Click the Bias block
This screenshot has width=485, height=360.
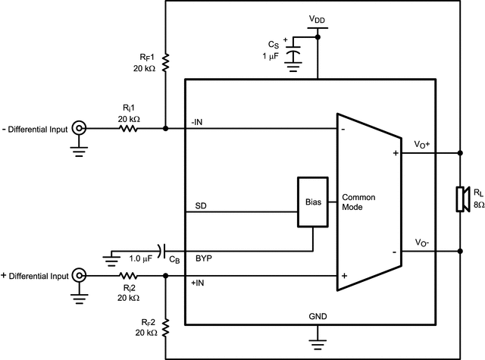click(x=312, y=202)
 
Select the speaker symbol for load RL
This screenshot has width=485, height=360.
click(x=459, y=199)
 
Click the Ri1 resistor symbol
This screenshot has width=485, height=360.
click(x=129, y=129)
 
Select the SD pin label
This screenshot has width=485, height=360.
click(x=200, y=206)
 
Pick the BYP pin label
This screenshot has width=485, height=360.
click(x=205, y=258)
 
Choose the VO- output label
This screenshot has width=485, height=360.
click(x=422, y=243)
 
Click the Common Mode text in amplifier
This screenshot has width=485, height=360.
click(x=358, y=202)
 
